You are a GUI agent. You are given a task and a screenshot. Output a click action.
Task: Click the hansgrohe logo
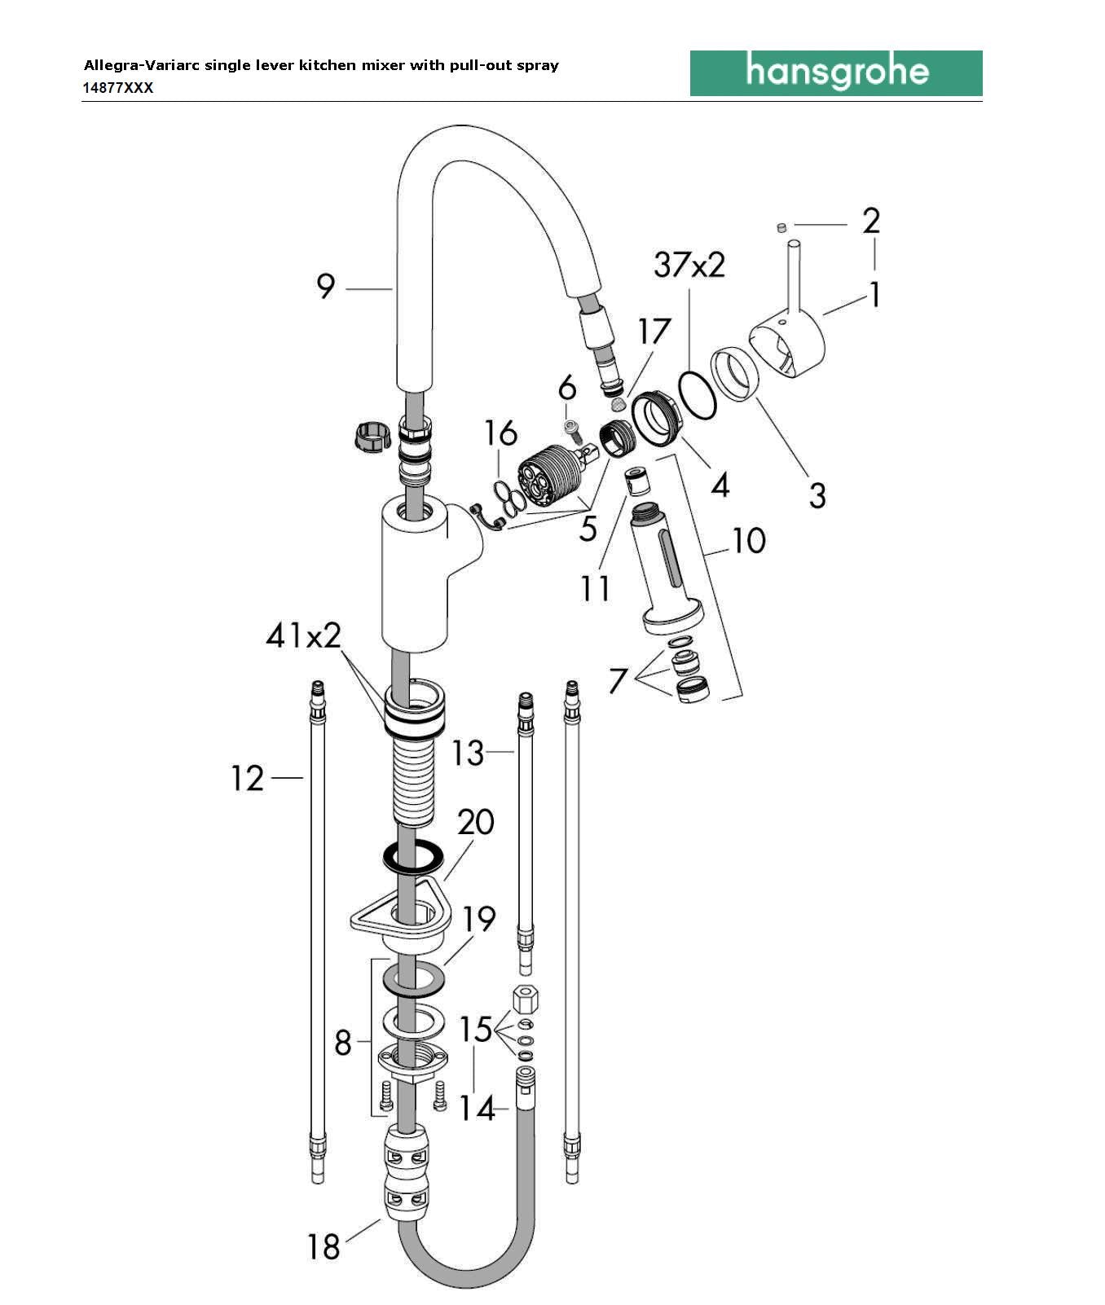coord(836,73)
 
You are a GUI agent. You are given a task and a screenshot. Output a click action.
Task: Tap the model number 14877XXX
coord(118,88)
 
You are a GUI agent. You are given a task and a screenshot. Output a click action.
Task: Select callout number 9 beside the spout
coord(326,287)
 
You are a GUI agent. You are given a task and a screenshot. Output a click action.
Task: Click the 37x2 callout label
coord(689,265)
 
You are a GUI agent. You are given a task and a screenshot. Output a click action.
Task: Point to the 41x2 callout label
coord(303,635)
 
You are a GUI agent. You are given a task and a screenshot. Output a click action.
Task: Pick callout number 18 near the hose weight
coord(324,1246)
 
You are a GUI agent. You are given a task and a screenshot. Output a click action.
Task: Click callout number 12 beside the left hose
coord(248,779)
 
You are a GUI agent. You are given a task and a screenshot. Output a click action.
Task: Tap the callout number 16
coord(500,433)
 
